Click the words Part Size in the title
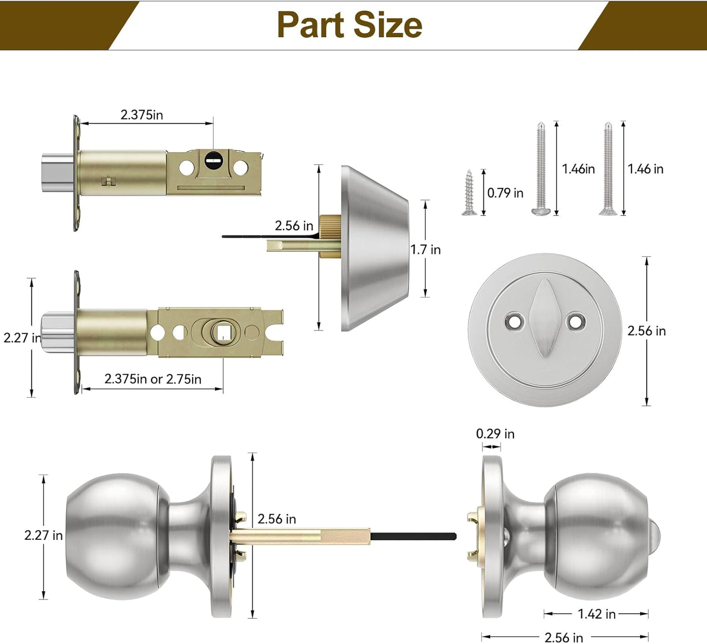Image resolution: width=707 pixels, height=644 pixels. (349, 25)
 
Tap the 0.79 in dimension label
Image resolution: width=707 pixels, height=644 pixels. (505, 193)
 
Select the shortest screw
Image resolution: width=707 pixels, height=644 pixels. (469, 193)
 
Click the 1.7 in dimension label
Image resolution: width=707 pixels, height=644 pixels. (425, 249)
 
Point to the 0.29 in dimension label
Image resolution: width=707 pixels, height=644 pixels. (495, 434)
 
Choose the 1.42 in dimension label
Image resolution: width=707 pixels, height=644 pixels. (596, 614)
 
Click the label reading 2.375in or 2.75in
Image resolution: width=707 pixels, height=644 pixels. (153, 379)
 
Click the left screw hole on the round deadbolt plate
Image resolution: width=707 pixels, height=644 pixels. (514, 321)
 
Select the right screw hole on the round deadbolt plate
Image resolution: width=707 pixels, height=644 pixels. (575, 321)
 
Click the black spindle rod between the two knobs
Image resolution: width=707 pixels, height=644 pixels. (413, 536)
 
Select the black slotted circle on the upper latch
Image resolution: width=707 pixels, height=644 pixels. (213, 159)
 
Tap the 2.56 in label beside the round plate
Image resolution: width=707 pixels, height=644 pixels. (646, 331)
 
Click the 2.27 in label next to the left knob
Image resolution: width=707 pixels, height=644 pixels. (44, 535)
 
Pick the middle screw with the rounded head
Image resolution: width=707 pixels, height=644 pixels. (541, 169)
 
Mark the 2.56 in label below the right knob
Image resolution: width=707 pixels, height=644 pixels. (564, 637)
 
